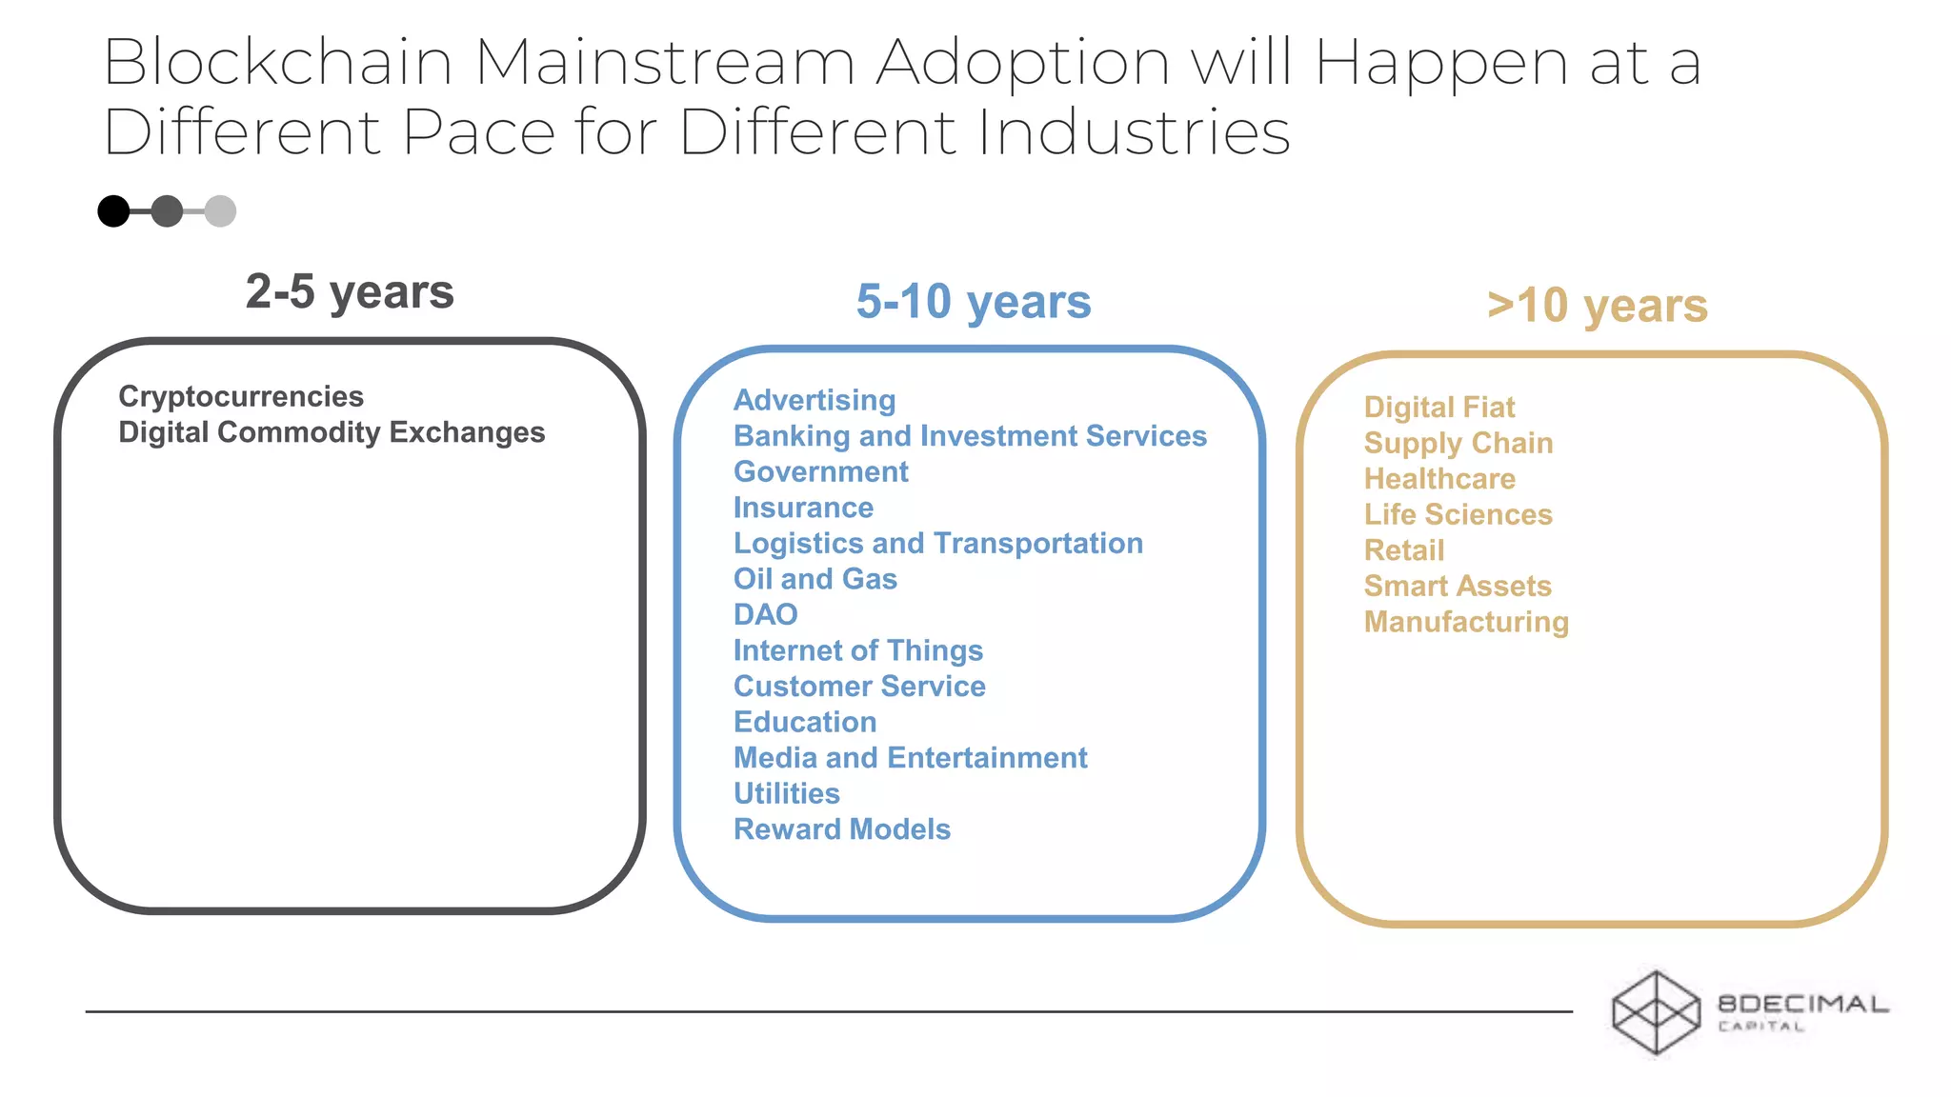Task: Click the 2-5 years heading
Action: click(350, 291)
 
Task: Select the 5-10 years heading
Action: click(973, 302)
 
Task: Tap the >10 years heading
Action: click(1597, 306)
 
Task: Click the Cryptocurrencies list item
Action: click(241, 396)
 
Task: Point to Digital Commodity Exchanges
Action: click(332, 432)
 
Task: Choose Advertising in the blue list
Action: click(815, 400)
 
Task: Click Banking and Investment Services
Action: click(970, 436)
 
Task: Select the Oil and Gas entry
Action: click(815, 579)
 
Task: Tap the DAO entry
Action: click(765, 615)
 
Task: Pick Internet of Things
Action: click(857, 650)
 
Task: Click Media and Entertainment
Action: click(910, 758)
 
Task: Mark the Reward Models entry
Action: click(841, 829)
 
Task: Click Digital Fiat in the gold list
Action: click(1438, 408)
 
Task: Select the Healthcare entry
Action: click(1438, 479)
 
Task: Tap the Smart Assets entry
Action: click(1458, 587)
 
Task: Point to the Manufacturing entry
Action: click(1466, 622)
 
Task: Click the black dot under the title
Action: click(113, 211)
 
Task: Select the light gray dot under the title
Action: click(220, 211)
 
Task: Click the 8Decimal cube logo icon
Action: click(1656, 1012)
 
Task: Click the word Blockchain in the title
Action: click(277, 63)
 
